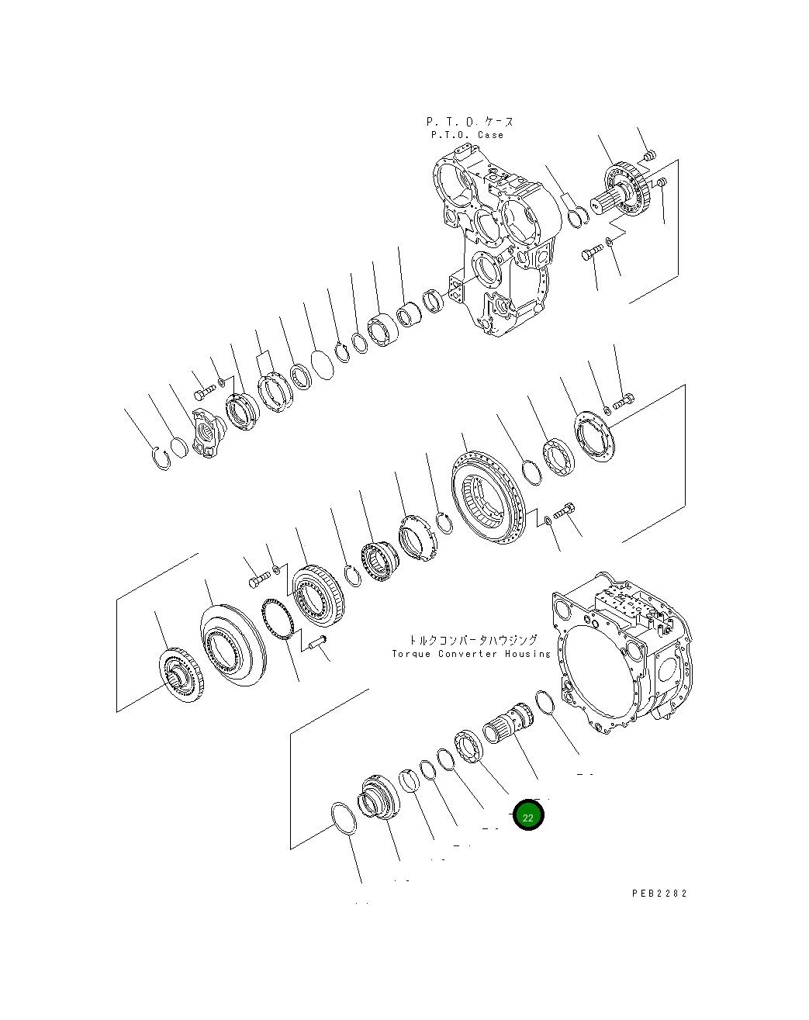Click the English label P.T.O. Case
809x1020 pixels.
click(467, 135)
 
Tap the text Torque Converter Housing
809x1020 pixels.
click(471, 654)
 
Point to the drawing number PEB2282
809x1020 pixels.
click(659, 894)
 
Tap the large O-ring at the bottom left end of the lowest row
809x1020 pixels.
click(343, 819)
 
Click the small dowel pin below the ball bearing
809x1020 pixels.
click(318, 641)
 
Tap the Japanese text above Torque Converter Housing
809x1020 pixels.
click(472, 640)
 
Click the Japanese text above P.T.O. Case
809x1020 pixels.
click(469, 122)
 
